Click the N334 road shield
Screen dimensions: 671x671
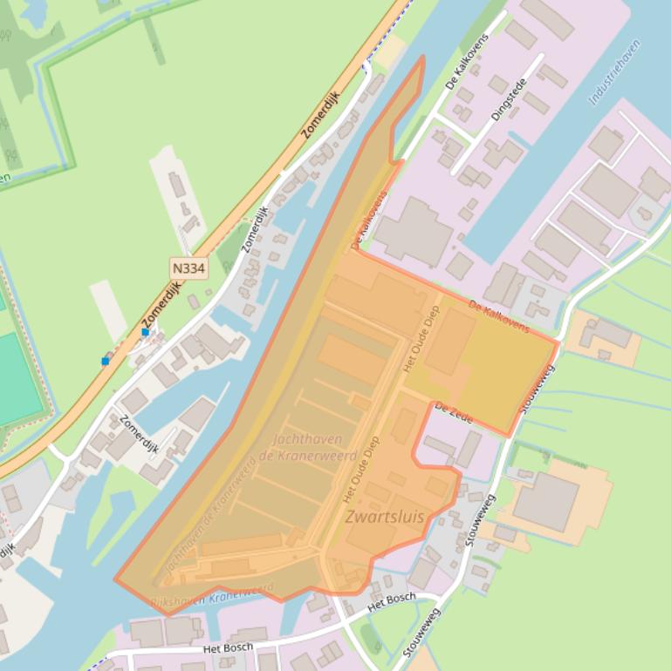(x=188, y=268)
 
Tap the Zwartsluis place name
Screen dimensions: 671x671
(x=385, y=517)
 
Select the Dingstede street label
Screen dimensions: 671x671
(x=509, y=100)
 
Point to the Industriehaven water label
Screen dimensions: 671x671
(x=614, y=72)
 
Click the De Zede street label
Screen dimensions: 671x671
(x=453, y=412)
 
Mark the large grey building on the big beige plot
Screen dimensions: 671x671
(x=546, y=502)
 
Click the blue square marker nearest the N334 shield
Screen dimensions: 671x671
(x=145, y=332)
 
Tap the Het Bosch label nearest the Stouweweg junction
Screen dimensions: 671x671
(x=392, y=600)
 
